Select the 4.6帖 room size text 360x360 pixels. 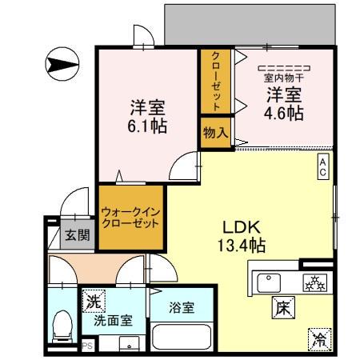(x=285, y=113)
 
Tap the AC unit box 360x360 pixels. (x=323, y=166)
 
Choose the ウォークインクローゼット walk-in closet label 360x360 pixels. (x=131, y=217)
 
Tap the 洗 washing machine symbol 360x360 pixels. (x=94, y=302)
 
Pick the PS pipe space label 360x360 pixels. (x=87, y=346)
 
